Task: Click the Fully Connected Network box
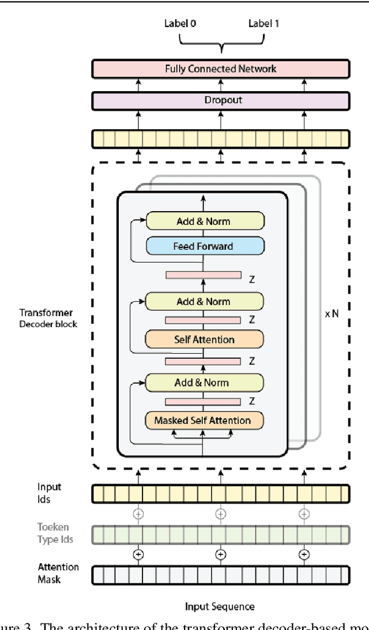pos(221,69)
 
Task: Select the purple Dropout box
pos(221,100)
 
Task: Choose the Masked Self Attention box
pos(204,421)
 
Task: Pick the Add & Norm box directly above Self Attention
pos(204,302)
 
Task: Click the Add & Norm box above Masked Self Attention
pos(204,382)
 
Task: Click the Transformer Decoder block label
pos(48,318)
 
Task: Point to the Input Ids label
pos(50,493)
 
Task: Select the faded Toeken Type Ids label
pos(55,533)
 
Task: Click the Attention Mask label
pos(58,573)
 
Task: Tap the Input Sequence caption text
pos(219,606)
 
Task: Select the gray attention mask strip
pos(221,575)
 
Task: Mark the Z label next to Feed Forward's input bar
pos(252,279)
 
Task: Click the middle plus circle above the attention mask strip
pos(220,554)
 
